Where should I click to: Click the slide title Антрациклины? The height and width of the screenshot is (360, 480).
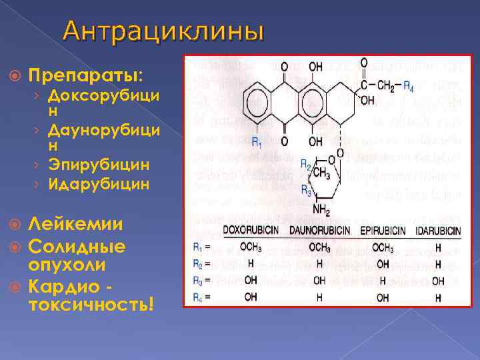164,31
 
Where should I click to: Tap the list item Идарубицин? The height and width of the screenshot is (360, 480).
97,182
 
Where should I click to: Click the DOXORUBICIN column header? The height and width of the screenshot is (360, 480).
251,231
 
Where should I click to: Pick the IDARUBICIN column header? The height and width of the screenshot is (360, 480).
438,231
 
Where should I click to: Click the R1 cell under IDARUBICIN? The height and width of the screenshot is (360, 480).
438,248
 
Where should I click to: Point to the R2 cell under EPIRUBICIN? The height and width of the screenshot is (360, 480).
383,265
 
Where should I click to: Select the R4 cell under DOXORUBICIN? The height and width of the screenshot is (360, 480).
251,298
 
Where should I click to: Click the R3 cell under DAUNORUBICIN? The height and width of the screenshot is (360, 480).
319,281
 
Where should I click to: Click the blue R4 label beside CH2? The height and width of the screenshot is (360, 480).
408,86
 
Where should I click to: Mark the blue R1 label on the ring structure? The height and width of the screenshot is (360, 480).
256,142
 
